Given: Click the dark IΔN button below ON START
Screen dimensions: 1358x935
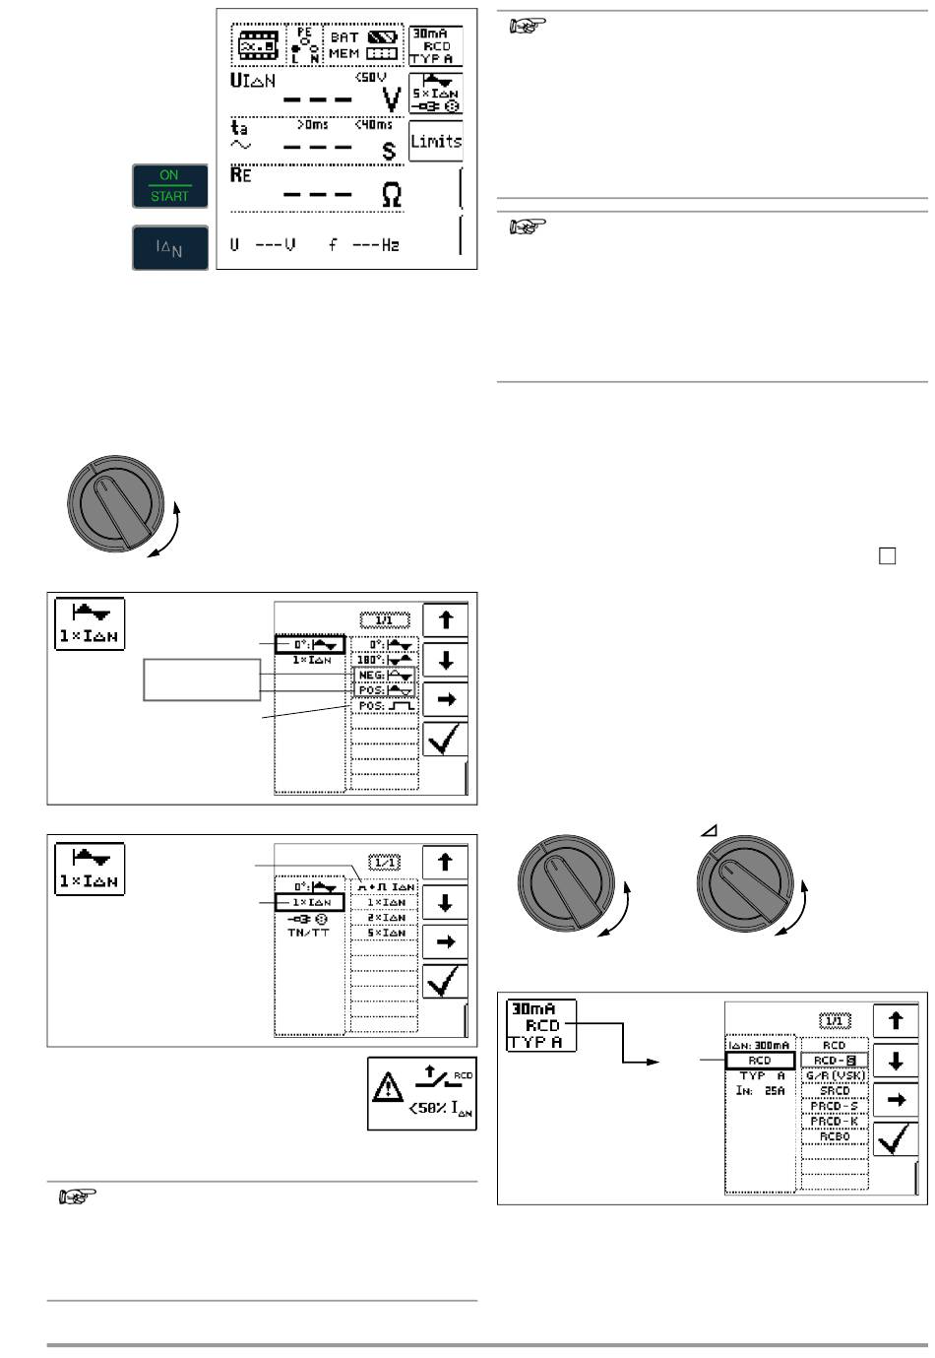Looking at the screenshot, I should click(x=170, y=247).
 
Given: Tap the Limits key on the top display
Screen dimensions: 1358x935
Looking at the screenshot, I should click(x=435, y=141).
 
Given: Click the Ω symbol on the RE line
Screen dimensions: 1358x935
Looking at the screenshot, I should click(x=391, y=196).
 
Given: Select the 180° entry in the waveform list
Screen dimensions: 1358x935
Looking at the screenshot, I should click(x=384, y=660).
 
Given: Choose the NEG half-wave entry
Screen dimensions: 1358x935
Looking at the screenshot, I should click(x=384, y=676).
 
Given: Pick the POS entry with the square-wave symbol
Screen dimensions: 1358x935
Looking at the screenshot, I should click(x=384, y=706).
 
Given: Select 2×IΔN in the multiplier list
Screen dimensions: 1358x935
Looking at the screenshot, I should click(x=385, y=917).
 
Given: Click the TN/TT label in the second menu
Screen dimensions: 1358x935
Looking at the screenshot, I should click(x=309, y=932).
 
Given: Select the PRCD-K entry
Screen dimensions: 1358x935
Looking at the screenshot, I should click(x=834, y=1121).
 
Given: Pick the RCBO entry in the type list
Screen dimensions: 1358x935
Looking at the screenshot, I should click(x=834, y=1136).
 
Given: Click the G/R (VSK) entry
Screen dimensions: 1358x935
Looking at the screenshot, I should click(x=834, y=1075).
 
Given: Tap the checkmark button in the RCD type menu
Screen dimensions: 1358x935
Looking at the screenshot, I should click(x=896, y=1140).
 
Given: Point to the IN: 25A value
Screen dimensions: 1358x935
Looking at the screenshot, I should click(x=759, y=1091).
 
